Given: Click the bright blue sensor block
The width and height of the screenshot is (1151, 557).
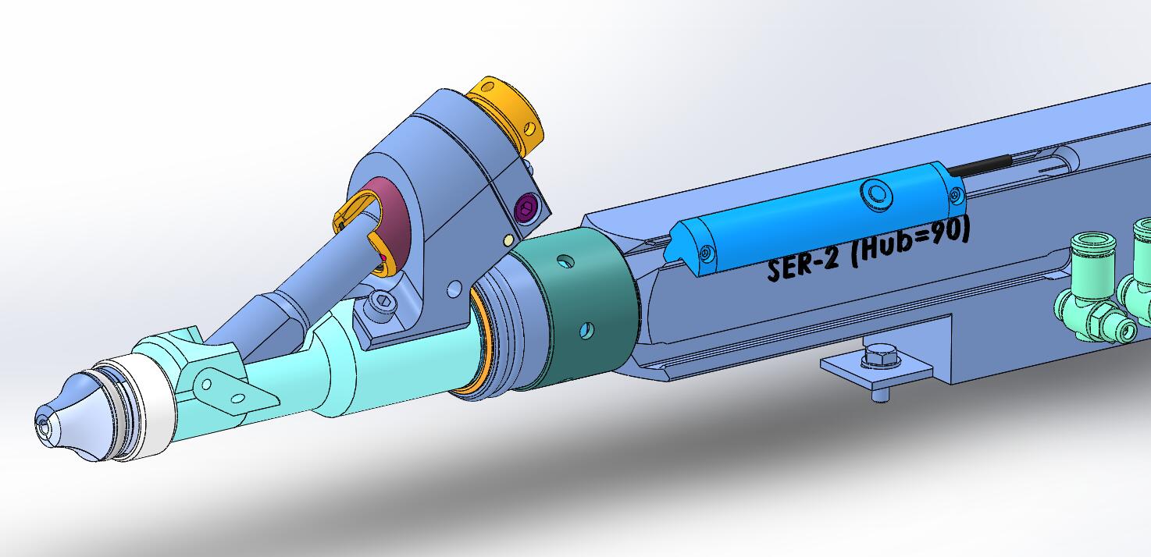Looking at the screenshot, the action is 817,217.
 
